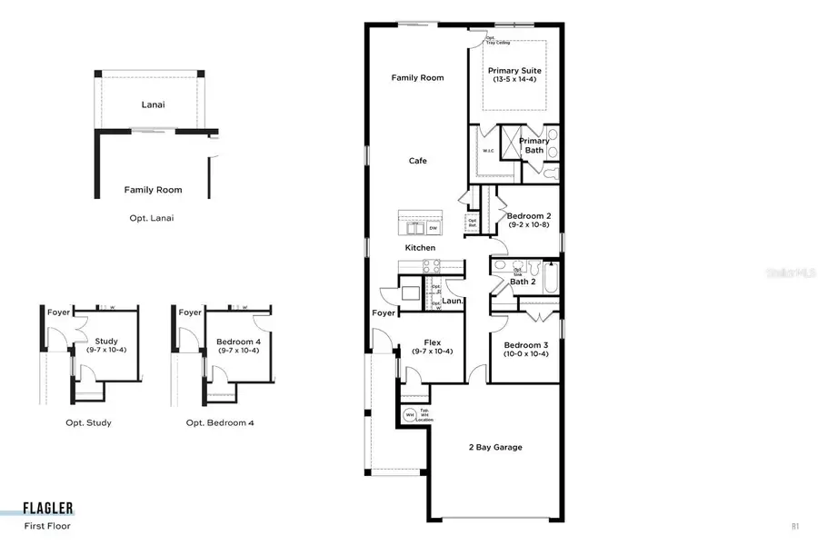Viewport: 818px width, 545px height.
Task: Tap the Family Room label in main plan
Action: (x=417, y=78)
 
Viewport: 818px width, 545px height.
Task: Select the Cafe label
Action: (x=417, y=161)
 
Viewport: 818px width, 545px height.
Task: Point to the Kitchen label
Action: (x=420, y=247)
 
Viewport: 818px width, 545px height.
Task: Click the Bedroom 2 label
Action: (x=528, y=216)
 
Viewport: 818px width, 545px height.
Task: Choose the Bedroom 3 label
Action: (x=524, y=345)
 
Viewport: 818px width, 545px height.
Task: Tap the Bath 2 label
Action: (x=523, y=282)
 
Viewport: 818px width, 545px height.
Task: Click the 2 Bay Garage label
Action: (x=494, y=447)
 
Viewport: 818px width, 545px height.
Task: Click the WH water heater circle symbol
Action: (x=409, y=415)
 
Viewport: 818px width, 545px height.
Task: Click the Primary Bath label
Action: (x=534, y=145)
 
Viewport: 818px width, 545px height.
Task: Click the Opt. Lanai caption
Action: (x=152, y=218)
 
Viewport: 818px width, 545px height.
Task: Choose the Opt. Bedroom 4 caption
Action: (x=220, y=422)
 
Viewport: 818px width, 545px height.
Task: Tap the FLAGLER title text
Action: (x=49, y=509)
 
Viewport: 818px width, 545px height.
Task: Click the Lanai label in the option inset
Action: (x=154, y=104)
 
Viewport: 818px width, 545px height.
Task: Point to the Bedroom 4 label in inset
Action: (x=237, y=342)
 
